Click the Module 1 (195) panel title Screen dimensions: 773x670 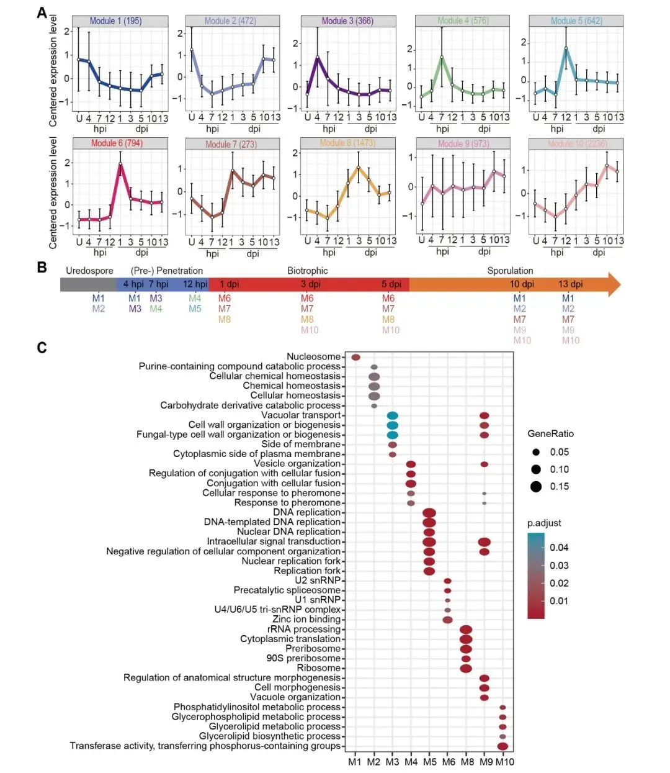115,20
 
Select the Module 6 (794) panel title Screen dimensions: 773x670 117,143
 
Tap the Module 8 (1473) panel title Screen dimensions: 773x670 347,143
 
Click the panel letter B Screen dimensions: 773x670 42,268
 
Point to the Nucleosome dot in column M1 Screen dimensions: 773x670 355,357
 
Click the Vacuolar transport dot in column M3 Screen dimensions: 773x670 392,415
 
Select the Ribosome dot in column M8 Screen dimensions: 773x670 466,668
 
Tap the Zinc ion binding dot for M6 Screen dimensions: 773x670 447,620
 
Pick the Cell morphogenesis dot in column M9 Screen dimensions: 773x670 485,688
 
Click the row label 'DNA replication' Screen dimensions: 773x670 307,512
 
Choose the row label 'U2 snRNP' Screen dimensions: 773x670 318,581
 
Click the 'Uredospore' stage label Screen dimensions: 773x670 89,271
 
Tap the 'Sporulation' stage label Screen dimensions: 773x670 510,271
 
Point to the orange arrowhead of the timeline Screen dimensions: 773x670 612,284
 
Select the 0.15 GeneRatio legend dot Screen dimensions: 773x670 536,487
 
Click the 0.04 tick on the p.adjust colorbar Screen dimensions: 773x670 559,548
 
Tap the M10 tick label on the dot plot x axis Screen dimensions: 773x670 505,762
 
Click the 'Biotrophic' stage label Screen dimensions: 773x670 308,271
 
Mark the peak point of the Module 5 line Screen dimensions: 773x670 566,48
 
